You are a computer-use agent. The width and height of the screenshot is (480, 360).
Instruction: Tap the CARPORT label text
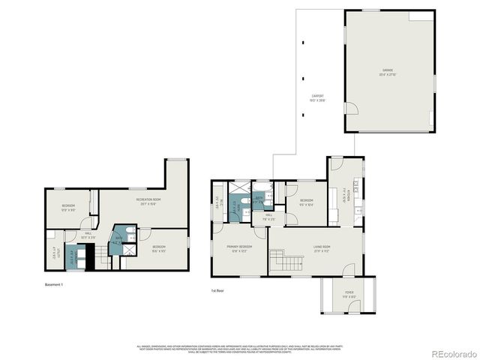click(x=318, y=97)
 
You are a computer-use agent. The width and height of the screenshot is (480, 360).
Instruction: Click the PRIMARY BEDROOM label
click(x=240, y=248)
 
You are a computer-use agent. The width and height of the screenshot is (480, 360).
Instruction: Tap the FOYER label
click(x=349, y=293)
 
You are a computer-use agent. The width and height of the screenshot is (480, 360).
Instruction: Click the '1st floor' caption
click(x=217, y=290)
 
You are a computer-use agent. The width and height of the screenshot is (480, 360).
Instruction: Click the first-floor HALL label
click(x=268, y=217)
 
